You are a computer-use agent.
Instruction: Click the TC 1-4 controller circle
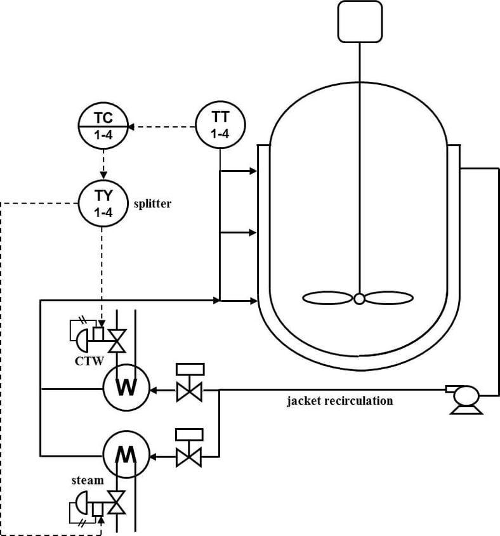(x=103, y=127)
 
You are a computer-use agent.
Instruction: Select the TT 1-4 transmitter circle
(x=220, y=125)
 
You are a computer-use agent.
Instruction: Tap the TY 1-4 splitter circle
(x=103, y=204)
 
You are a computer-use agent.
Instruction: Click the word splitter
(x=152, y=204)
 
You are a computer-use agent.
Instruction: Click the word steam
(x=87, y=480)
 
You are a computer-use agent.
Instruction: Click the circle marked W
(x=126, y=388)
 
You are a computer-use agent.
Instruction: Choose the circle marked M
(x=126, y=454)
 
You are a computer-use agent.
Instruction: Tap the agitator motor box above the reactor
(x=360, y=21)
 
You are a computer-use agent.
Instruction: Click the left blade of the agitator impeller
(x=329, y=298)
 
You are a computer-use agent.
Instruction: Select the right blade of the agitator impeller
(x=389, y=298)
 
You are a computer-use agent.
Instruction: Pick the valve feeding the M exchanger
(x=189, y=455)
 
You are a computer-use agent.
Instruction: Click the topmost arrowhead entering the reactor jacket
(x=253, y=171)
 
